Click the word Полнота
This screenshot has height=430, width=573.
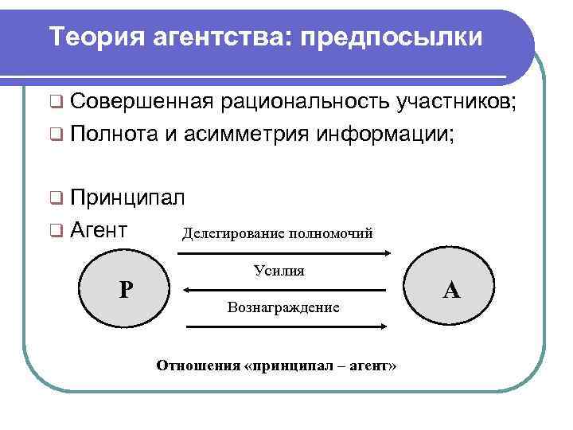(114, 134)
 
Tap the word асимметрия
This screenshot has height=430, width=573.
(248, 134)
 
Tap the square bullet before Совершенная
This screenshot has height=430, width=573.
(55, 102)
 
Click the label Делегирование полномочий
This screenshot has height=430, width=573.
(278, 234)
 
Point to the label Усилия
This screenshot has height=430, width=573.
(279, 271)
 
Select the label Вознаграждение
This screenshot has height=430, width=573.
(283, 307)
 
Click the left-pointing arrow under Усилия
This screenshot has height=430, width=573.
(283, 289)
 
